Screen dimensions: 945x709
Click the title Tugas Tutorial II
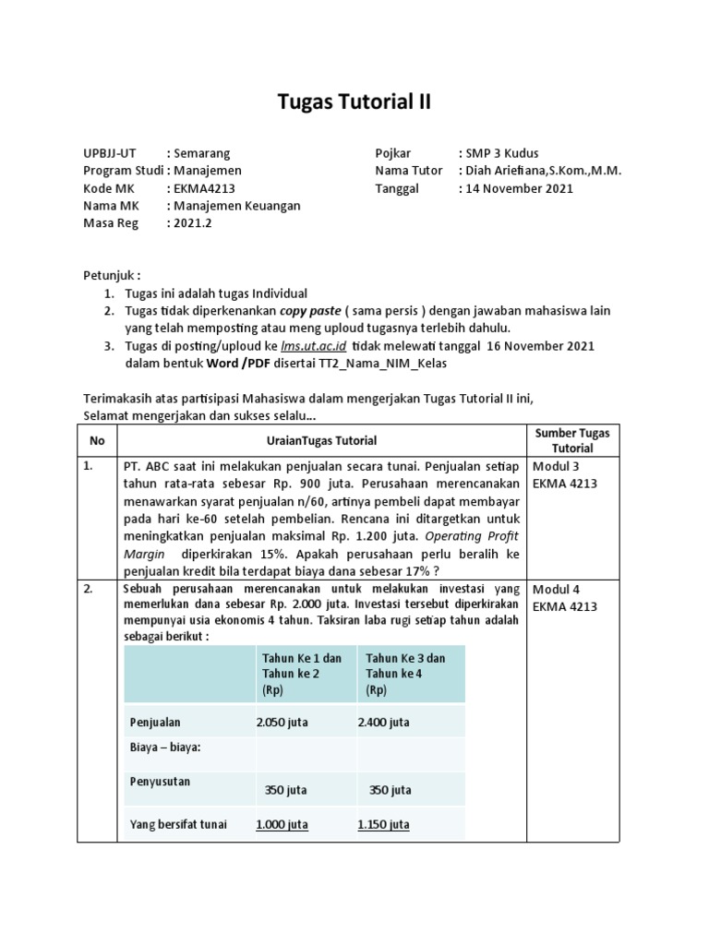(x=354, y=102)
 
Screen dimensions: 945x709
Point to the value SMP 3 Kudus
(x=502, y=153)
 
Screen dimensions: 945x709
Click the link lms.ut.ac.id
(x=313, y=345)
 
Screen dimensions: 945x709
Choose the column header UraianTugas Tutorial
(x=321, y=441)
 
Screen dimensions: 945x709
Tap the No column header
(x=97, y=441)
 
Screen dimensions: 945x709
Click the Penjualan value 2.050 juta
(x=282, y=723)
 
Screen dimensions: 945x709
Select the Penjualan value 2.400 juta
(x=383, y=723)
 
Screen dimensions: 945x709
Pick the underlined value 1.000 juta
(x=282, y=824)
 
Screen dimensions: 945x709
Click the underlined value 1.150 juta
(x=383, y=824)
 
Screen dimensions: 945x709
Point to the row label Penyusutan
(x=160, y=782)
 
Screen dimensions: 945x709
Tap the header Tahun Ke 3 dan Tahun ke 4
(x=405, y=674)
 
